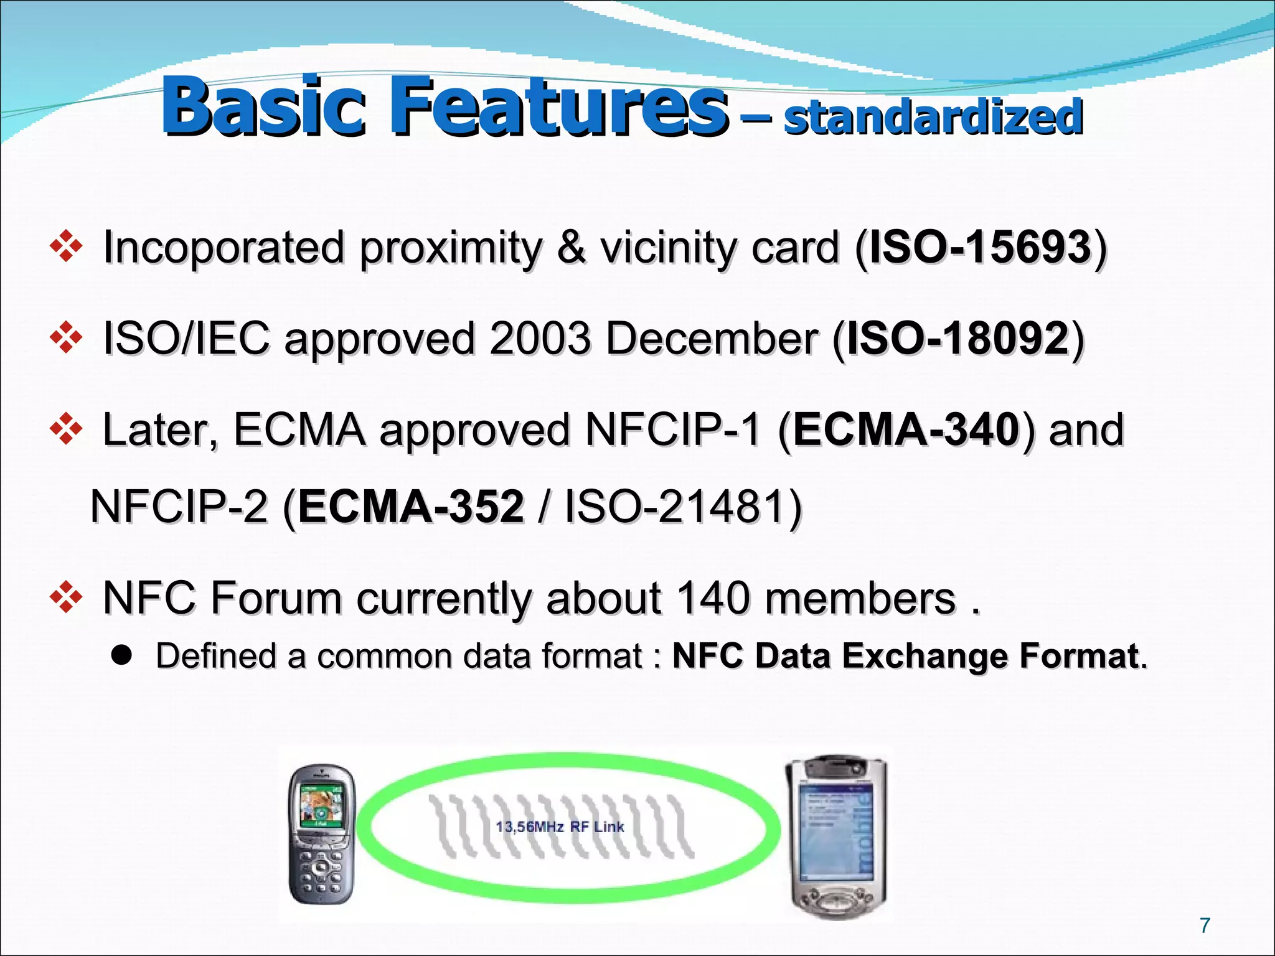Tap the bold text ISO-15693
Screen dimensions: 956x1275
[980, 247]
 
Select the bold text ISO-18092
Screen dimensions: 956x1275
[958, 339]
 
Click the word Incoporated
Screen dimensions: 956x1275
[223, 247]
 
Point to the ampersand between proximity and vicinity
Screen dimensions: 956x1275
[571, 247]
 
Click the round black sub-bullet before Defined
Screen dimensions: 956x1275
[122, 655]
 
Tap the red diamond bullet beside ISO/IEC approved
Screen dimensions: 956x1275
[66, 339]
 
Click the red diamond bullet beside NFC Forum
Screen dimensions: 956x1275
[66, 598]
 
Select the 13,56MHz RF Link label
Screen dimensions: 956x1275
[560, 827]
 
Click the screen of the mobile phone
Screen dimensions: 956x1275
[321, 804]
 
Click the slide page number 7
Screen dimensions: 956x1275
[1205, 926]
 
